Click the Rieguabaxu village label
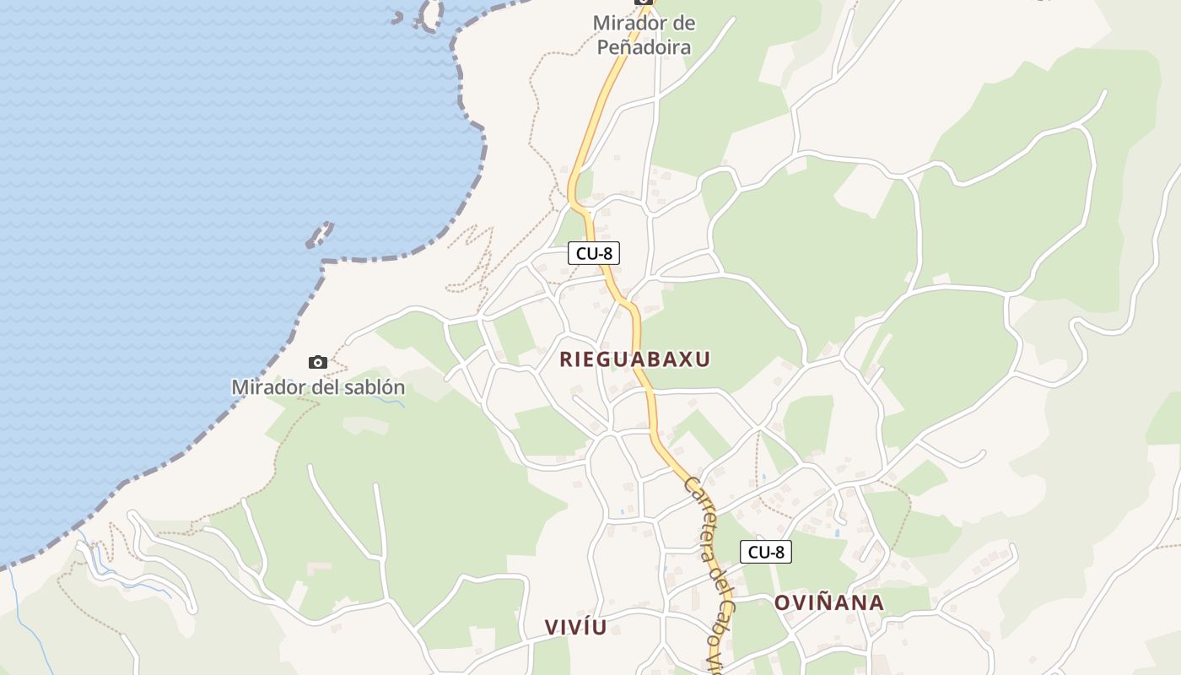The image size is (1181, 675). click(634, 359)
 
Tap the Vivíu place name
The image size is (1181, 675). click(575, 627)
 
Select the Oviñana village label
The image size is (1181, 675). click(829, 602)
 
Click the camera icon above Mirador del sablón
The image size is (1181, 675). click(318, 363)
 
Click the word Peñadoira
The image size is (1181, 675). click(644, 47)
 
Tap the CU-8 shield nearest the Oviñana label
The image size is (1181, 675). click(766, 553)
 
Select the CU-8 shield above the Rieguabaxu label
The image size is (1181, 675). click(594, 253)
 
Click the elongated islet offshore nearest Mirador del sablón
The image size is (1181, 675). click(320, 234)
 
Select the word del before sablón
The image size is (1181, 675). click(321, 388)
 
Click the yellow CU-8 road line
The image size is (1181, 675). click(645, 380)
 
